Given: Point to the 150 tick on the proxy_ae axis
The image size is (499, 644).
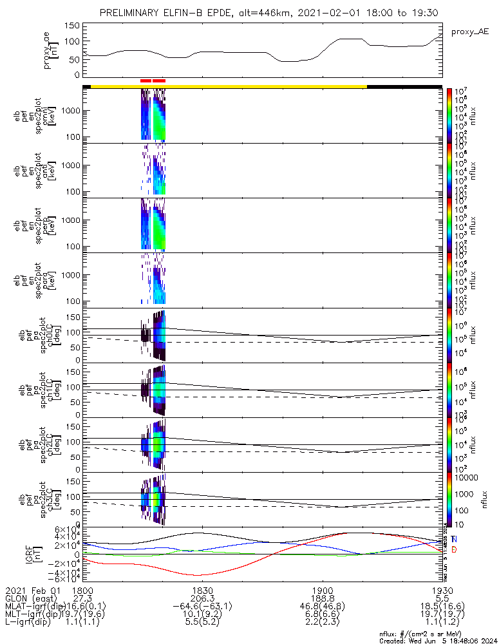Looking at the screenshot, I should pyautogui.click(x=73, y=25).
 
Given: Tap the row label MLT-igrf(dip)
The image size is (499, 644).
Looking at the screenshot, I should pyautogui.click(x=32, y=615).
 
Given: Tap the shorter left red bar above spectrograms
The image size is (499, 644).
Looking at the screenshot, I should pyautogui.click(x=146, y=81).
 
